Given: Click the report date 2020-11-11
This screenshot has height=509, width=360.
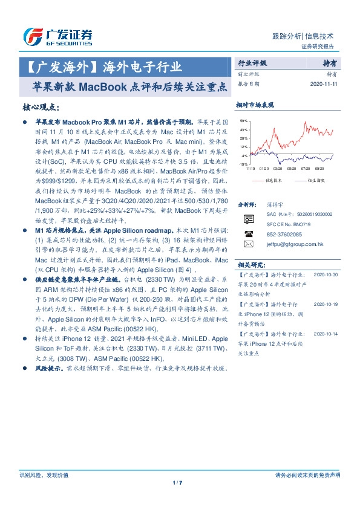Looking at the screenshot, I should pyautogui.click(x=324, y=84).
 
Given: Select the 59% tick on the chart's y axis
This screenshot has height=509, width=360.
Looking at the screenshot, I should pyautogui.click(x=244, y=122).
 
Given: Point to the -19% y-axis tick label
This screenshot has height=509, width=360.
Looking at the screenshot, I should pyautogui.click(x=243, y=164).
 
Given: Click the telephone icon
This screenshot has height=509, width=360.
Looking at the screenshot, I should pyautogui.click(x=247, y=233).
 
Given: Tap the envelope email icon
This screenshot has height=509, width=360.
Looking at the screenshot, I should pyautogui.click(x=247, y=244).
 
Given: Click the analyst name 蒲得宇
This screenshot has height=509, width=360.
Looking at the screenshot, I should pyautogui.click(x=274, y=206).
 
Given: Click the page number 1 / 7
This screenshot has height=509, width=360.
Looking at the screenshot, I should pyautogui.click(x=180, y=482).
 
